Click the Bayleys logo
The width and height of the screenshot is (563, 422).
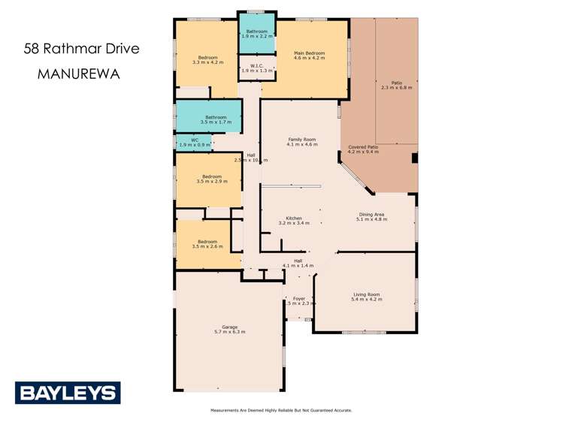click(x=68, y=393)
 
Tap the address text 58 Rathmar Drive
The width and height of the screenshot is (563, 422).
click(x=81, y=50)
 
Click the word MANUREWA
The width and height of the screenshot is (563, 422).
click(x=77, y=75)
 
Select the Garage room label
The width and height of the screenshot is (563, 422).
click(x=229, y=327)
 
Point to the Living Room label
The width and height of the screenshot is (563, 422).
click(x=366, y=294)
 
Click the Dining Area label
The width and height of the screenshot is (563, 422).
click(x=372, y=214)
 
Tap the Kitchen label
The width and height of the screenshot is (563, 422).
click(x=294, y=219)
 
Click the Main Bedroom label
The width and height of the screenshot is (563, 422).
click(x=310, y=53)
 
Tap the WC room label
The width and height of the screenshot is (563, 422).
click(x=194, y=139)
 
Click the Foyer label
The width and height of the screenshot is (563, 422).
click(x=298, y=299)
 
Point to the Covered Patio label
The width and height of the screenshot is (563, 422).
click(x=363, y=147)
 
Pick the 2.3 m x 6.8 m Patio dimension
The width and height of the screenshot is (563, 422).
click(x=397, y=88)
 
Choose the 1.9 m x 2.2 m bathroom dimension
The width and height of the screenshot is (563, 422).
click(x=256, y=36)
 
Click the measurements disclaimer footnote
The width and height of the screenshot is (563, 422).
click(x=281, y=411)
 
